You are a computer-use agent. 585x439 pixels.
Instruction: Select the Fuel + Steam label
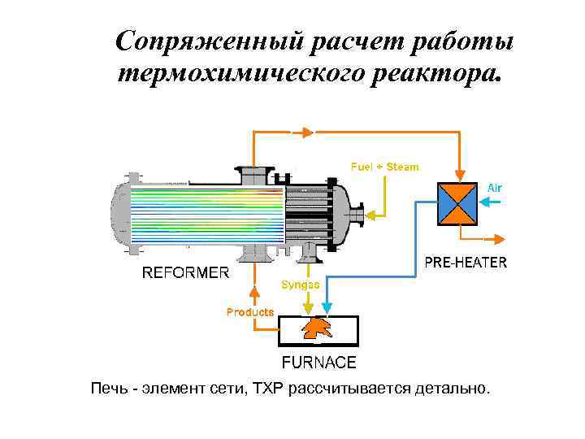coord(385,167)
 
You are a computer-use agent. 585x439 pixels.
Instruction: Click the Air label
coord(495,188)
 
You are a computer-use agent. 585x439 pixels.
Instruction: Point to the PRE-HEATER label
coord(466,263)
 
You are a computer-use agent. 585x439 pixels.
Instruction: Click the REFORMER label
coord(185,272)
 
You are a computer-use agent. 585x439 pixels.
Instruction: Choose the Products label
coord(250,311)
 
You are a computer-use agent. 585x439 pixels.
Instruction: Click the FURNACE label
coord(318,363)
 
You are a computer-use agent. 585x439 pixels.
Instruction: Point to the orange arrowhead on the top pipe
coord(306,132)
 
